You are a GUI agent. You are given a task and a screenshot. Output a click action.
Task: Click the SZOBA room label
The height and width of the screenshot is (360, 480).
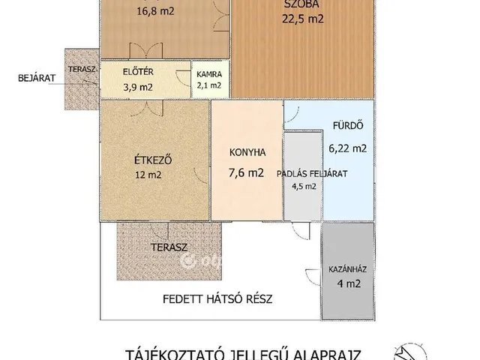(x=303, y=5)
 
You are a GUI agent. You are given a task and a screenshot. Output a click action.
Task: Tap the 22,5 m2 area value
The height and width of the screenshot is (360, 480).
(x=303, y=19)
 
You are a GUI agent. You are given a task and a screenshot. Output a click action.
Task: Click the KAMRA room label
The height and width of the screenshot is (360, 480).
(x=208, y=75)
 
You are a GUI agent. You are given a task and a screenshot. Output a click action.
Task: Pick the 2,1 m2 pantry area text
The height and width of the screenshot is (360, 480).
(x=208, y=85)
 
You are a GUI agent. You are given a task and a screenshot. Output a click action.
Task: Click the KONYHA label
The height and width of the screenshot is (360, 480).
(x=247, y=152)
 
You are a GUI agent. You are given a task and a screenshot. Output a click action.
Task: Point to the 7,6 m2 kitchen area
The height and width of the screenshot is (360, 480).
(x=247, y=173)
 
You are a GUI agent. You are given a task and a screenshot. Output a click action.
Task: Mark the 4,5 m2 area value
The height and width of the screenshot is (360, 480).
(x=303, y=187)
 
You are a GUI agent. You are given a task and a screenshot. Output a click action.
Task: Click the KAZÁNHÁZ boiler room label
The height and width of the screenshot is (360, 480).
(x=347, y=268)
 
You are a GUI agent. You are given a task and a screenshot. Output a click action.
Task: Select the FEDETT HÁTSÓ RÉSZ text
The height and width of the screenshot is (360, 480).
(x=217, y=298)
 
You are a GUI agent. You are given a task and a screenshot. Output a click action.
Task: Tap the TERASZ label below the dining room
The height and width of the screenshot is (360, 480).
(x=168, y=247)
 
